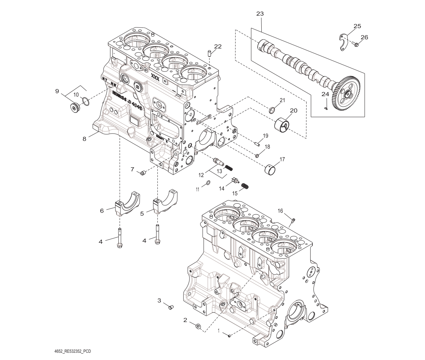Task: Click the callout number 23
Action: (x=260, y=14)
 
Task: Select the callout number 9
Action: (x=57, y=91)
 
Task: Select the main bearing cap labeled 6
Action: (x=127, y=204)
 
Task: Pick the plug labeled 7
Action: (x=143, y=173)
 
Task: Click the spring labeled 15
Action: (x=245, y=186)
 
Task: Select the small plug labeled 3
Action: (x=171, y=307)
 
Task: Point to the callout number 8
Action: (x=84, y=139)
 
